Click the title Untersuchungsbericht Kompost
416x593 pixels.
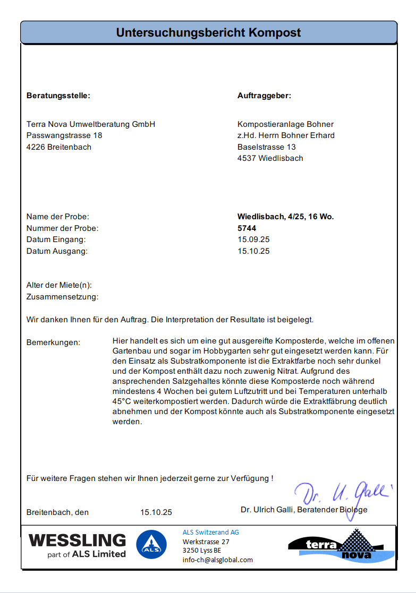pos(208,33)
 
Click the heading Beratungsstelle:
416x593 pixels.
pos(58,96)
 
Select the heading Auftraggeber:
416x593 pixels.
pos(264,96)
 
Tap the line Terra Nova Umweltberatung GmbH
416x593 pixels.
pos(91,124)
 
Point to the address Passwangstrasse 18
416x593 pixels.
pos(64,135)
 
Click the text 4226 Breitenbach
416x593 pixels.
pos(59,147)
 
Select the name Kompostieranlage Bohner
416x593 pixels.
pos(285,124)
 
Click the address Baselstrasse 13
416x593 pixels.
pos(267,147)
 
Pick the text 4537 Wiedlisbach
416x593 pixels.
pos(270,158)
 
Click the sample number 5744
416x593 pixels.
pos(247,228)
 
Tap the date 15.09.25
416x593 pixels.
pos(253,239)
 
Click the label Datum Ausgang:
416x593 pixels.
pos(57,251)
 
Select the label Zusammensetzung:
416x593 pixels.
pos(62,297)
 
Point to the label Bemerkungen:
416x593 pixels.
pos(53,342)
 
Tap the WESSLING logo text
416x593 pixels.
pos(78,540)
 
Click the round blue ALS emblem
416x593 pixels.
pos(151,545)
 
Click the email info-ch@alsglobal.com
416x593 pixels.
pos(218,560)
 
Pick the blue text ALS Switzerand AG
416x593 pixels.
pos(211,532)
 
